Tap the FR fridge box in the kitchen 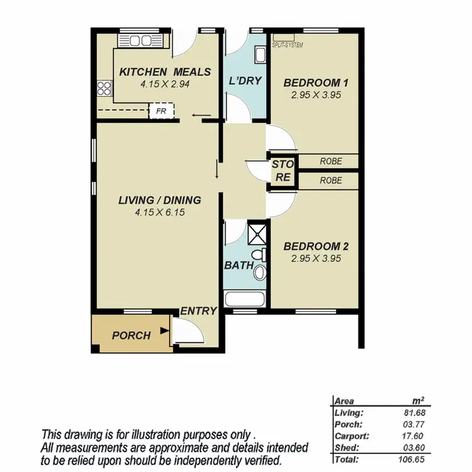pyautogui.click(x=161, y=111)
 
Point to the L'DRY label pyautogui.click(x=244, y=81)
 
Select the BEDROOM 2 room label pyautogui.click(x=315, y=246)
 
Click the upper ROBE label pyautogui.click(x=330, y=161)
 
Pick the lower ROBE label pyautogui.click(x=330, y=180)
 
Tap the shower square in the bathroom pyautogui.click(x=257, y=233)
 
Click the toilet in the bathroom pyautogui.click(x=261, y=269)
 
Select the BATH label pyautogui.click(x=239, y=266)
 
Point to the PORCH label pyautogui.click(x=131, y=335)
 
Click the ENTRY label pyautogui.click(x=198, y=311)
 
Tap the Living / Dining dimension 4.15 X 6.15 pyautogui.click(x=159, y=213)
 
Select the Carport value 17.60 pyautogui.click(x=414, y=435)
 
